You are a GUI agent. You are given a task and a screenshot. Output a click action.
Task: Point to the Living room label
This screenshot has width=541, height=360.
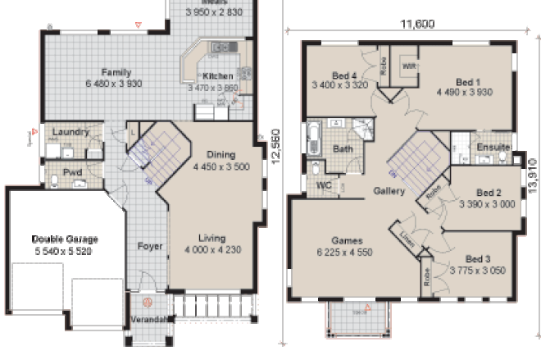coord(211,238)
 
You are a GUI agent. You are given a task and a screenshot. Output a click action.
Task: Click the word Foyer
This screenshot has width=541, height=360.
coord(149,246)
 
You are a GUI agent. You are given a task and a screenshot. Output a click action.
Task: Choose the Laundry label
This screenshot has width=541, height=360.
coord(70,132)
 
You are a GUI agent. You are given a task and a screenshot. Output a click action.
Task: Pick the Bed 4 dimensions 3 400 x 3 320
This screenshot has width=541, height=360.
coord(343,84)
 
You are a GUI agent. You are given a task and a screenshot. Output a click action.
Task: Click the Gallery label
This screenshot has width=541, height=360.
coord(389,191)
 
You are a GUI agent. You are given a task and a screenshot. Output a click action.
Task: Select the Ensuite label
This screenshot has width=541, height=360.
coord(492,148)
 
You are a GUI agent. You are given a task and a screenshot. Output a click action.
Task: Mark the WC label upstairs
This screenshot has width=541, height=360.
coord(324,185)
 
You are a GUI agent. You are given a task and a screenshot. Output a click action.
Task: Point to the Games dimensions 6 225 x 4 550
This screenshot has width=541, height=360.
coord(344,253)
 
